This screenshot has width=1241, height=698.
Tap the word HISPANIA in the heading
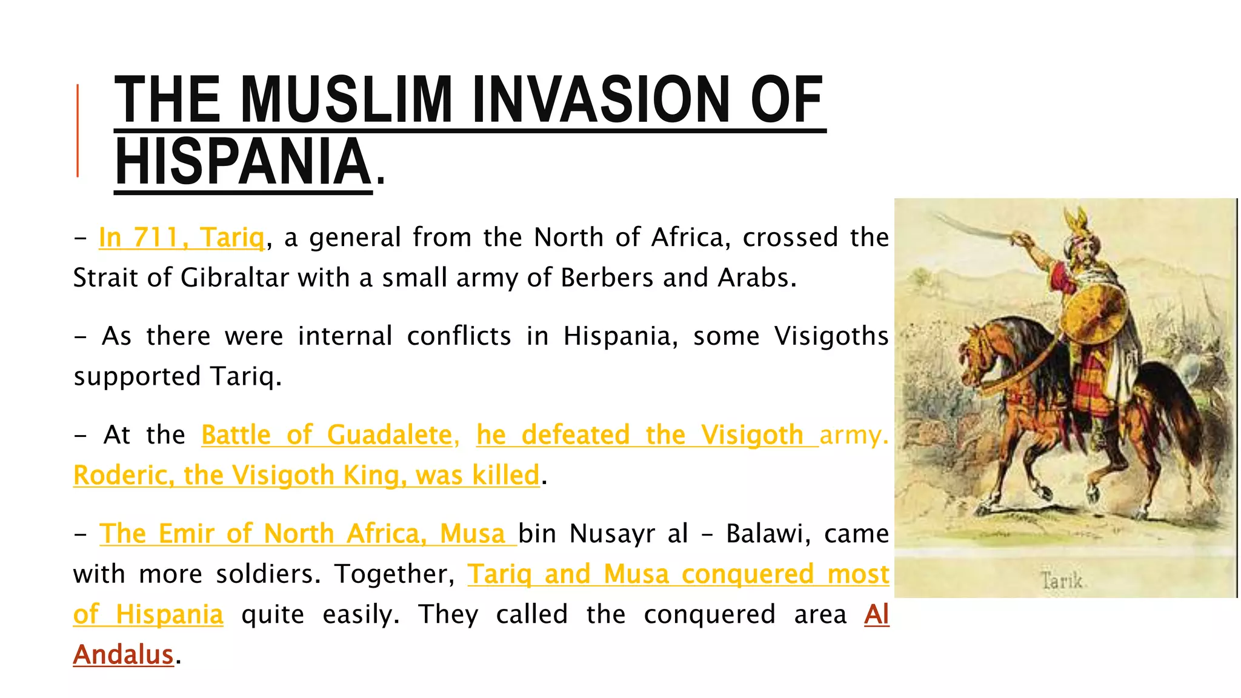[x=243, y=162]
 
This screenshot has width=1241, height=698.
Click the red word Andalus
[x=124, y=655]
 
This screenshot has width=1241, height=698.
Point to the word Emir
[x=186, y=534]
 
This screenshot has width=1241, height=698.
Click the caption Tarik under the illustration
[x=1062, y=580]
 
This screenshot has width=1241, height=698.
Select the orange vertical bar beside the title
[x=78, y=131]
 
